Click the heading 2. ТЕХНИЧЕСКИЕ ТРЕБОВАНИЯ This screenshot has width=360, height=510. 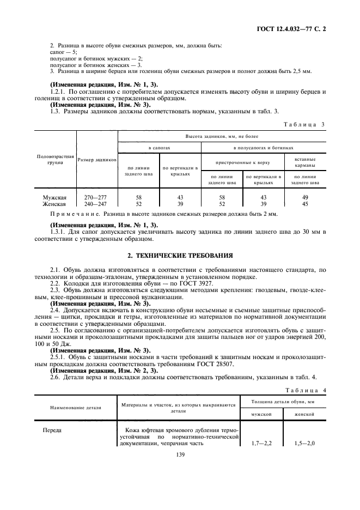pos(180,254)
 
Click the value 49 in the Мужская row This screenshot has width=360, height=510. pos(306,197)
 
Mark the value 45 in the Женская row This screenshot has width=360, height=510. pos(306,204)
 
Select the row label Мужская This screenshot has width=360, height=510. pos(54,197)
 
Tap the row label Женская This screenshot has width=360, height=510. pos(54,204)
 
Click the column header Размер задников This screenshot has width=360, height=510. pos(97,160)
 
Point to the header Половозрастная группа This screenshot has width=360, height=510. pos(54,159)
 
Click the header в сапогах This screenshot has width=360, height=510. pos(160,148)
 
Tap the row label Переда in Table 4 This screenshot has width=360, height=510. pos(52,430)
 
